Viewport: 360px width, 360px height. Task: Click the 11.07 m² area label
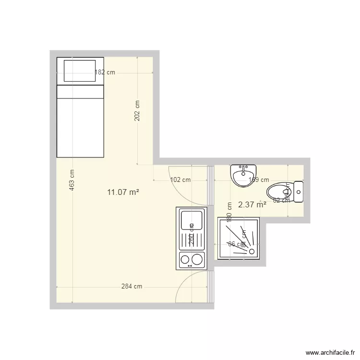coord(123,192)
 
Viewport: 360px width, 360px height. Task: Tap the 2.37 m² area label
coord(252,204)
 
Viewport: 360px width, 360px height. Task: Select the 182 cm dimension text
coord(105,73)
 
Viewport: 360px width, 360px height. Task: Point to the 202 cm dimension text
coord(137,111)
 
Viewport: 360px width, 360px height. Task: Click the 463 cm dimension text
coord(72,180)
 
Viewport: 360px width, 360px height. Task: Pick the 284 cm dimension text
coord(132,287)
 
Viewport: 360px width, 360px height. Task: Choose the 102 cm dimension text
coord(180,180)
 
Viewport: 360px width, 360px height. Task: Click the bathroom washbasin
coord(243,176)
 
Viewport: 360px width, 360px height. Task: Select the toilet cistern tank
coord(299,192)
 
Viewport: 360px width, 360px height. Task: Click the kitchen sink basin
coord(192,220)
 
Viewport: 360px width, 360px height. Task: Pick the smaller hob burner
coord(185,260)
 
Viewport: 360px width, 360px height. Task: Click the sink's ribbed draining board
coord(192,241)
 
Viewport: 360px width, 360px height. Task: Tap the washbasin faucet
coord(243,168)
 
